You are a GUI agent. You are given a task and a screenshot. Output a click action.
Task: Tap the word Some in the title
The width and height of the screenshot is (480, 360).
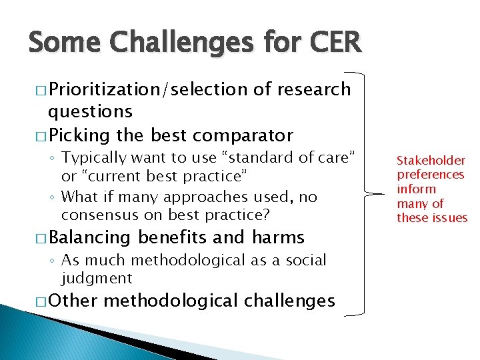64,43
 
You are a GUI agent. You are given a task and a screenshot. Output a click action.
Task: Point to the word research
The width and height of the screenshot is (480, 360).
313,89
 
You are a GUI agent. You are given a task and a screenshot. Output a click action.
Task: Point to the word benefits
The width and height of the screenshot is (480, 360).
173,237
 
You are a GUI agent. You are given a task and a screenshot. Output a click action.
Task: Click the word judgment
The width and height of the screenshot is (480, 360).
97,277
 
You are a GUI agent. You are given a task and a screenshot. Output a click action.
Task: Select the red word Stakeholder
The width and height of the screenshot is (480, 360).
431,160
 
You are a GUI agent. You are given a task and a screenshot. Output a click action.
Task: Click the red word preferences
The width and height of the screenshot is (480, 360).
431,175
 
